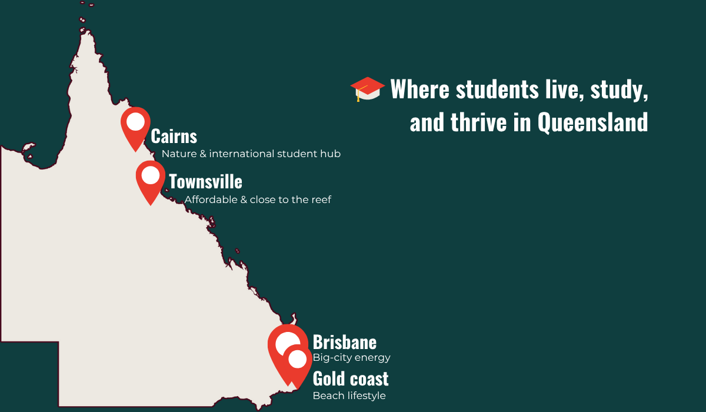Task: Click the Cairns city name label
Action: [x=174, y=137]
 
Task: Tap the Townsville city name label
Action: [x=205, y=181]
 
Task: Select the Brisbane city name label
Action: [x=344, y=342]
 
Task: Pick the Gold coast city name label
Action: [x=350, y=378]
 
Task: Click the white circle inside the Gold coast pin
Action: [x=298, y=358]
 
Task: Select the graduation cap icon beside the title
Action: [x=367, y=89]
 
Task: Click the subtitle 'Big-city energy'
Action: [x=351, y=357]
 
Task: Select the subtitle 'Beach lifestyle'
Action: [x=349, y=396]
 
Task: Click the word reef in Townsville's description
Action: [x=321, y=200]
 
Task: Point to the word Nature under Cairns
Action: [x=179, y=154]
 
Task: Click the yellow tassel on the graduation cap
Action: [x=358, y=96]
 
